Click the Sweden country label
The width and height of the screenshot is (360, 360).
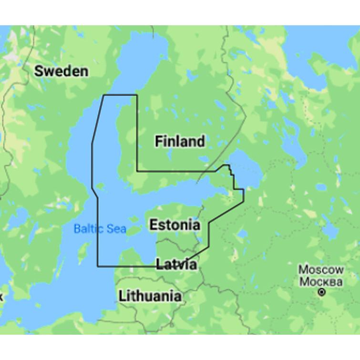[61, 72]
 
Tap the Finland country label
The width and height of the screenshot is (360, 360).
[180, 141]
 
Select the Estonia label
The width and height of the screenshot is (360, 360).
[175, 225]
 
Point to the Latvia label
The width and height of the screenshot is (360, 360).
[176, 264]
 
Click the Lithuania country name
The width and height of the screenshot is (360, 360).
[150, 296]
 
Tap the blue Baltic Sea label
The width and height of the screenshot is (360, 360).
[100, 229]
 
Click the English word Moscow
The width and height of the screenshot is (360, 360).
[321, 270]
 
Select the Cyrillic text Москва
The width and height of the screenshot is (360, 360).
[321, 281]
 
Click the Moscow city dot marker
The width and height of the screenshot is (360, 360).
[322, 292]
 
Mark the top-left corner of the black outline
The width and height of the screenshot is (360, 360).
[104, 95]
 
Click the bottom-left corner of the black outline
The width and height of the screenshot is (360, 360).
[98, 266]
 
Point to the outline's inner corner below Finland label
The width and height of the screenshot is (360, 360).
[137, 171]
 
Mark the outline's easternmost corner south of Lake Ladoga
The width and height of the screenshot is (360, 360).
[244, 190]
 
